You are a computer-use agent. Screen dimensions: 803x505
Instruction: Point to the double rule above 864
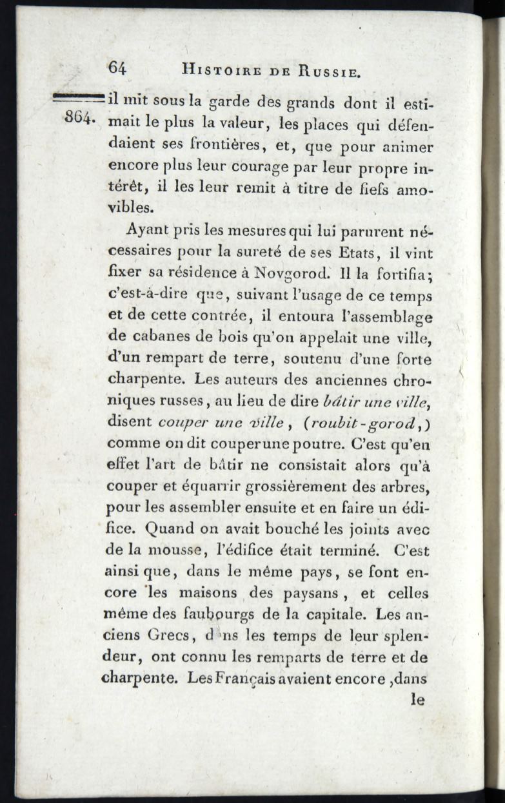coord(77,97)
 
